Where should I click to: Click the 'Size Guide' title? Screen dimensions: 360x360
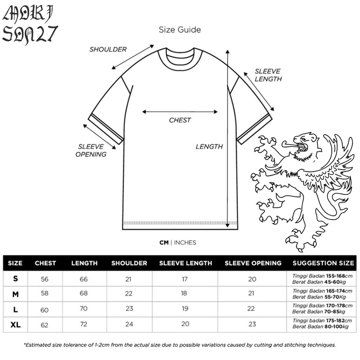(180, 30)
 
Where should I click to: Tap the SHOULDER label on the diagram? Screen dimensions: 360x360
(108, 49)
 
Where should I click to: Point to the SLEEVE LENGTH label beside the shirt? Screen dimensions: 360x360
(268, 75)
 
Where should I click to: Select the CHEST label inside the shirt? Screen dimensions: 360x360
(180, 120)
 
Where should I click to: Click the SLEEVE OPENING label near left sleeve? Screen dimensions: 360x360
(91, 150)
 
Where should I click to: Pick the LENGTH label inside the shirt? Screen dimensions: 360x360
(209, 146)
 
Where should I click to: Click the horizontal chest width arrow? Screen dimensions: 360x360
(180, 112)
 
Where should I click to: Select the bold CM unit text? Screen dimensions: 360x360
(164, 242)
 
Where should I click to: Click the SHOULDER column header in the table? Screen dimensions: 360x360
(129, 263)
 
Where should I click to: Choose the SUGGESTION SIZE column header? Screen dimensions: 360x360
(323, 263)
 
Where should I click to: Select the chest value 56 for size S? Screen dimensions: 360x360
(45, 279)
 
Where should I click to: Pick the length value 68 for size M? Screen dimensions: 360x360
(84, 294)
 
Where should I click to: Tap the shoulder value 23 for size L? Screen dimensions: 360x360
(129, 308)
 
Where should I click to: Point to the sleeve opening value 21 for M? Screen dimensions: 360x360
(252, 294)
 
